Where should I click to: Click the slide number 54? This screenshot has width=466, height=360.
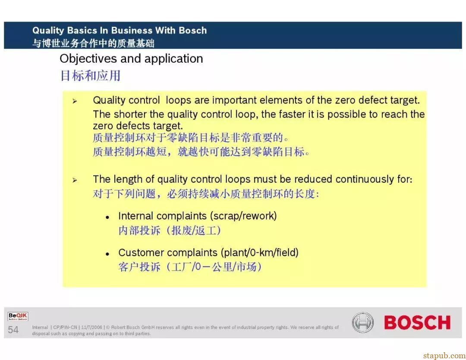click(x=13, y=330)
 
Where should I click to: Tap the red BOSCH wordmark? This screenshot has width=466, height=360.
click(x=417, y=323)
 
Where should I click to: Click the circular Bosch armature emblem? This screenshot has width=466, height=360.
click(x=362, y=322)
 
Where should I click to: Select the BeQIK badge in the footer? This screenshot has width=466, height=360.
click(x=18, y=316)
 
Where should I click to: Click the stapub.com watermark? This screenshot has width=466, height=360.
click(x=444, y=356)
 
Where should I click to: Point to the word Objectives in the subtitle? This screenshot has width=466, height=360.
click(x=88, y=59)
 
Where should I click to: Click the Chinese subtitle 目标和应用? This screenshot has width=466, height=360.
click(x=90, y=76)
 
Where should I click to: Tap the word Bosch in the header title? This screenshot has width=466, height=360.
click(x=192, y=30)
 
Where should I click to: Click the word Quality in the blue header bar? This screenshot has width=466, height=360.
click(x=48, y=31)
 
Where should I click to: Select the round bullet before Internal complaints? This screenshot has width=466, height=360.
click(x=107, y=218)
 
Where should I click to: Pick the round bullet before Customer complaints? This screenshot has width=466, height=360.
click(x=107, y=254)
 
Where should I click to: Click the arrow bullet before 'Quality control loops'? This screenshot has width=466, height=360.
click(x=75, y=101)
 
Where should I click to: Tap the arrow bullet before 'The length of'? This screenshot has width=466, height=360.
click(x=75, y=180)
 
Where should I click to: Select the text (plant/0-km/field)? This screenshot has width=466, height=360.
click(x=259, y=253)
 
